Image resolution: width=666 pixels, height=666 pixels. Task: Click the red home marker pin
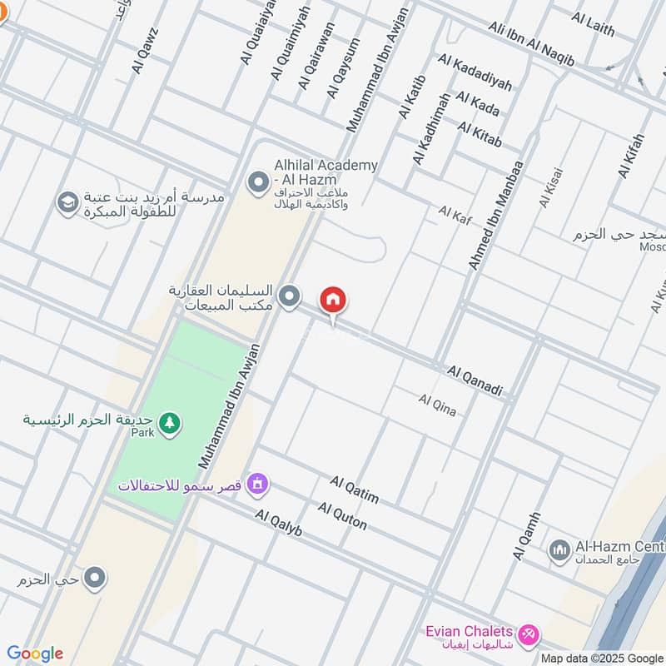(x=333, y=301)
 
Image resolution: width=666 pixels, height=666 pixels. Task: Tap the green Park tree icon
(x=169, y=423)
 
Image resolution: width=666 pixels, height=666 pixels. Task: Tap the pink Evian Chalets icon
(x=527, y=636)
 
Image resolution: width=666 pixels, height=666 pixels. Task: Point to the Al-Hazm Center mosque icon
(x=559, y=550)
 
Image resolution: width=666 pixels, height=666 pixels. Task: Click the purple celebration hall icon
(x=258, y=484)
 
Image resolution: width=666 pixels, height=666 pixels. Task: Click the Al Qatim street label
(x=354, y=490)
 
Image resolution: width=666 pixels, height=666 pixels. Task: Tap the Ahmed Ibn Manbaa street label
(x=496, y=215)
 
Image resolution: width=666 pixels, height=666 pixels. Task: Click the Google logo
(x=35, y=653)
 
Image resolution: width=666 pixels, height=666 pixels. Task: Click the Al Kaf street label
(x=455, y=215)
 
